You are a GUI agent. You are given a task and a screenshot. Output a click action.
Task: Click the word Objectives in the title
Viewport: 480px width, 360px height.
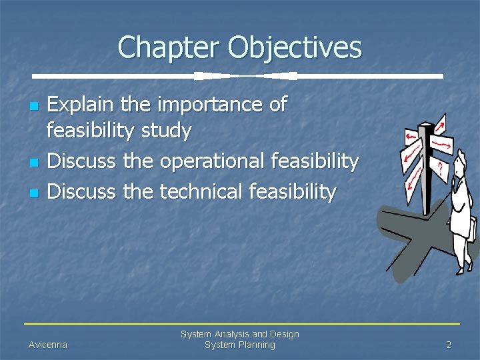click(x=295, y=48)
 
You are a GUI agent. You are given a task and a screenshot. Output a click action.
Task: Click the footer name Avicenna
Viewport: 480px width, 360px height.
click(x=48, y=345)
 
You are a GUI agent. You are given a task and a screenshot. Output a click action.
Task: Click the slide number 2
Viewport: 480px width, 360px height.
click(x=449, y=345)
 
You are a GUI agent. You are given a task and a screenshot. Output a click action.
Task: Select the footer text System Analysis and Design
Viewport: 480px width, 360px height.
click(x=239, y=334)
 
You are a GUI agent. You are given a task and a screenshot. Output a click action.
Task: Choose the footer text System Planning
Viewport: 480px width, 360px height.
click(x=239, y=345)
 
